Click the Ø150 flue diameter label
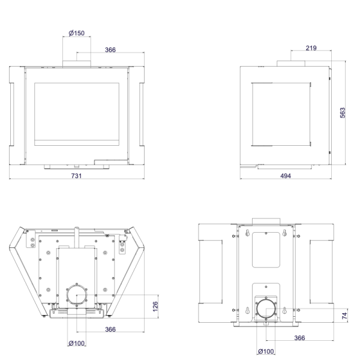tap(77, 33)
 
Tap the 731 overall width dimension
tap(76, 176)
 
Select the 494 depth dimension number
tap(286, 176)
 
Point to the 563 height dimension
tap(343, 113)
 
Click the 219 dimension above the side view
tap(311, 48)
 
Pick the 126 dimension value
tap(155, 307)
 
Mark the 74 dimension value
tap(344, 316)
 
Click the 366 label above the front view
tap(110, 50)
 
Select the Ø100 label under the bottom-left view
tap(77, 343)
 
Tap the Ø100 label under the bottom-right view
tap(266, 351)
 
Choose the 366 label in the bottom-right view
tap(299, 338)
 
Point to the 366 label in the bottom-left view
tap(110, 329)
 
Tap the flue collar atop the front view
tap(77, 64)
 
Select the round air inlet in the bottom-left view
tap(77, 295)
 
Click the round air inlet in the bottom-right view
tap(266, 309)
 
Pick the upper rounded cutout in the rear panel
tap(266, 250)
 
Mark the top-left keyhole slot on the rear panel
tap(247, 233)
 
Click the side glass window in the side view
tap(281, 114)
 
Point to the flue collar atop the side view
tap(291, 64)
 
